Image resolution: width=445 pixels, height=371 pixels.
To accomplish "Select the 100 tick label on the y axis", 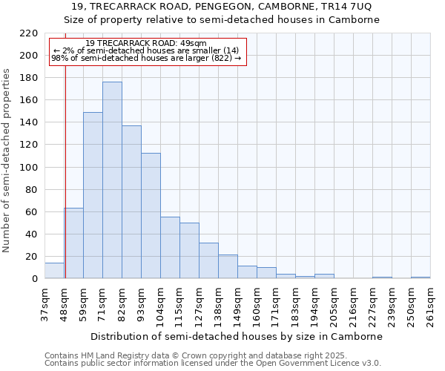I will (29, 168).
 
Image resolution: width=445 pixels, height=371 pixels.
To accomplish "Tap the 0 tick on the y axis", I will (35, 279).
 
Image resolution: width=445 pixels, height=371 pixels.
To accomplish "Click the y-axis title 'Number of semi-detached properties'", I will (7, 160).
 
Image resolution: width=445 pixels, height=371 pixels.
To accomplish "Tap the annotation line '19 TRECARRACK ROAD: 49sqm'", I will (146, 44).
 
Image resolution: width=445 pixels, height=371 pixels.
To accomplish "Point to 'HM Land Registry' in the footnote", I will (121, 355).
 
